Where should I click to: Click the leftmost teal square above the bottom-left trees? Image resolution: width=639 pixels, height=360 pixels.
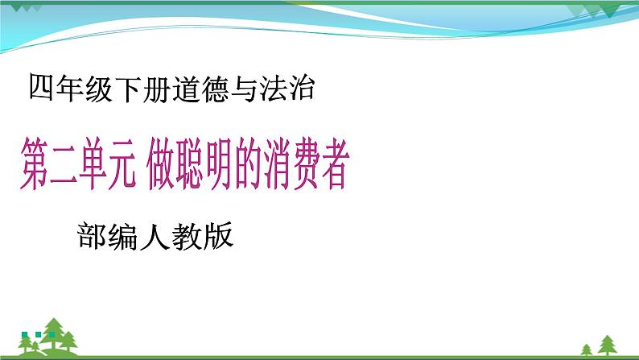(x=25, y=333)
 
